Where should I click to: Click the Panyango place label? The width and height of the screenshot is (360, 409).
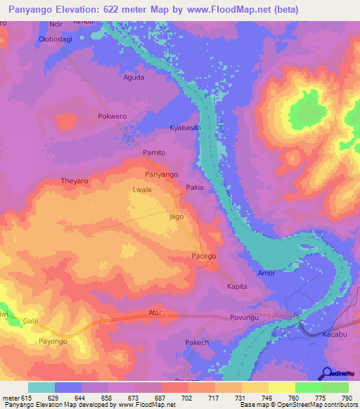[x=161, y=174]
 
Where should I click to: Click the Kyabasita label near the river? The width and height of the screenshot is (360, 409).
[x=186, y=128]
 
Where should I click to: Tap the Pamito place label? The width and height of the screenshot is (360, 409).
[x=154, y=152]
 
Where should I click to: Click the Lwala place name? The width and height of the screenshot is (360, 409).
[x=143, y=190]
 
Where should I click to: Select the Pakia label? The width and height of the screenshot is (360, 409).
[x=195, y=188]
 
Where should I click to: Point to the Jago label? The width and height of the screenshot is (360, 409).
[x=176, y=217]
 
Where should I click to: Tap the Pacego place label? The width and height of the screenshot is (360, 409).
[x=204, y=257]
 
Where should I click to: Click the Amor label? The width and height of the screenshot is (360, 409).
[x=266, y=272]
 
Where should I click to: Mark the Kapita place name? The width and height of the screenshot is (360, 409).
[x=237, y=287]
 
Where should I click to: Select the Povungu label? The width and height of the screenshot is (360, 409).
[x=245, y=318]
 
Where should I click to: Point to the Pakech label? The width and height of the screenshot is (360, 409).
[x=197, y=342]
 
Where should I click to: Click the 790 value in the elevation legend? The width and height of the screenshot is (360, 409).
[x=345, y=398]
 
